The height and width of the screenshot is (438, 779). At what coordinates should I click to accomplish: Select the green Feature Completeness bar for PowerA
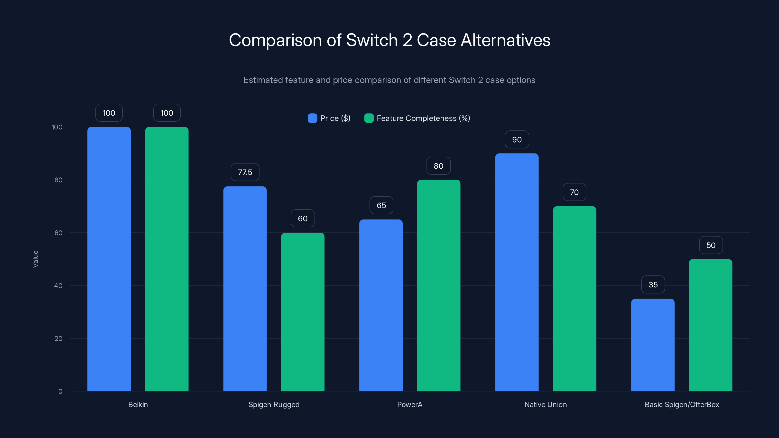[438, 285]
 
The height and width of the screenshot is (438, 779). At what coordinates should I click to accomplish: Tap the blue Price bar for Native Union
[517, 272]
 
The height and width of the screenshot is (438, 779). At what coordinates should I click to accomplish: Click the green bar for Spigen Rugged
[303, 312]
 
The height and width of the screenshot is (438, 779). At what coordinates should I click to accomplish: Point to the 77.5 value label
[245, 172]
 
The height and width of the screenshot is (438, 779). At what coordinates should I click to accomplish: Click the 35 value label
[653, 285]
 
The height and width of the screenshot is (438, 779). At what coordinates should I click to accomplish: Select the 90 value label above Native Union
[517, 140]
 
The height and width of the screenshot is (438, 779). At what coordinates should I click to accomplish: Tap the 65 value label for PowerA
[381, 206]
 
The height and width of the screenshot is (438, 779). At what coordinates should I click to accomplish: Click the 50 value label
[711, 245]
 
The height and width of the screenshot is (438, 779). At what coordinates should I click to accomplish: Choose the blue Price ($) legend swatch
[312, 118]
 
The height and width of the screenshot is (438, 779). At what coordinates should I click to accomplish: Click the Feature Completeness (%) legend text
[423, 118]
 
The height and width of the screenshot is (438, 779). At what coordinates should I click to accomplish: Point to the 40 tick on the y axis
[58, 286]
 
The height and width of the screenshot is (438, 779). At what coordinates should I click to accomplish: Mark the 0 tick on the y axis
[60, 392]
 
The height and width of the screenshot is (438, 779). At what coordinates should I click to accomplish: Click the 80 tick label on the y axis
[58, 180]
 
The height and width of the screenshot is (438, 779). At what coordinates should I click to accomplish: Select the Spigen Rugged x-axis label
[274, 404]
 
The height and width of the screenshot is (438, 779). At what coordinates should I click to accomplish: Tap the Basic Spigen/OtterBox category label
[682, 404]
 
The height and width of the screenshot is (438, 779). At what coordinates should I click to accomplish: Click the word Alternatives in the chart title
[505, 40]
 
